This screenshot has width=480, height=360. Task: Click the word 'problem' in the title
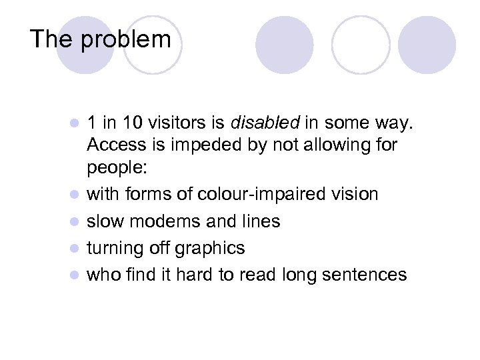(126, 40)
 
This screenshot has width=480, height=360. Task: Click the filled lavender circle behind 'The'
(85, 44)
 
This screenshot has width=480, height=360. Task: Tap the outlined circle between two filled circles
(361, 44)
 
